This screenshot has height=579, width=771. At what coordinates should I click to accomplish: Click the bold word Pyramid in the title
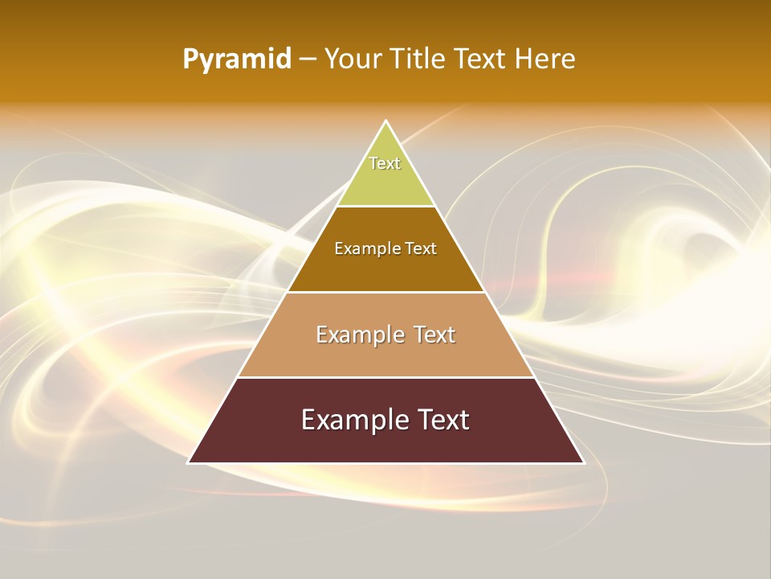point(237,60)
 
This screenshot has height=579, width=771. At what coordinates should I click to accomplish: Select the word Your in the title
point(353,60)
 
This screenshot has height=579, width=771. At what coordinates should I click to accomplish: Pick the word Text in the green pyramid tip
point(385,163)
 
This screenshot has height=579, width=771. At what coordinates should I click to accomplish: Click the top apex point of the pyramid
point(386,121)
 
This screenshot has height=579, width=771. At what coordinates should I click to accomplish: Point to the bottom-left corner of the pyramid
point(189,462)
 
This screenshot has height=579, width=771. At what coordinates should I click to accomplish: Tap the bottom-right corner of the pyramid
point(584,462)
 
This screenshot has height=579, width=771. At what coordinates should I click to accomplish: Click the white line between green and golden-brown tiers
point(386,206)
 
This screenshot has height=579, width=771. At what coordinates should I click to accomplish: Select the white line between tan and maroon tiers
point(386,377)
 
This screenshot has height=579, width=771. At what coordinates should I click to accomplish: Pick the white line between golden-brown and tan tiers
point(386,292)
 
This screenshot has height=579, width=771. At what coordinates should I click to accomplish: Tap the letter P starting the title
point(190,60)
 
